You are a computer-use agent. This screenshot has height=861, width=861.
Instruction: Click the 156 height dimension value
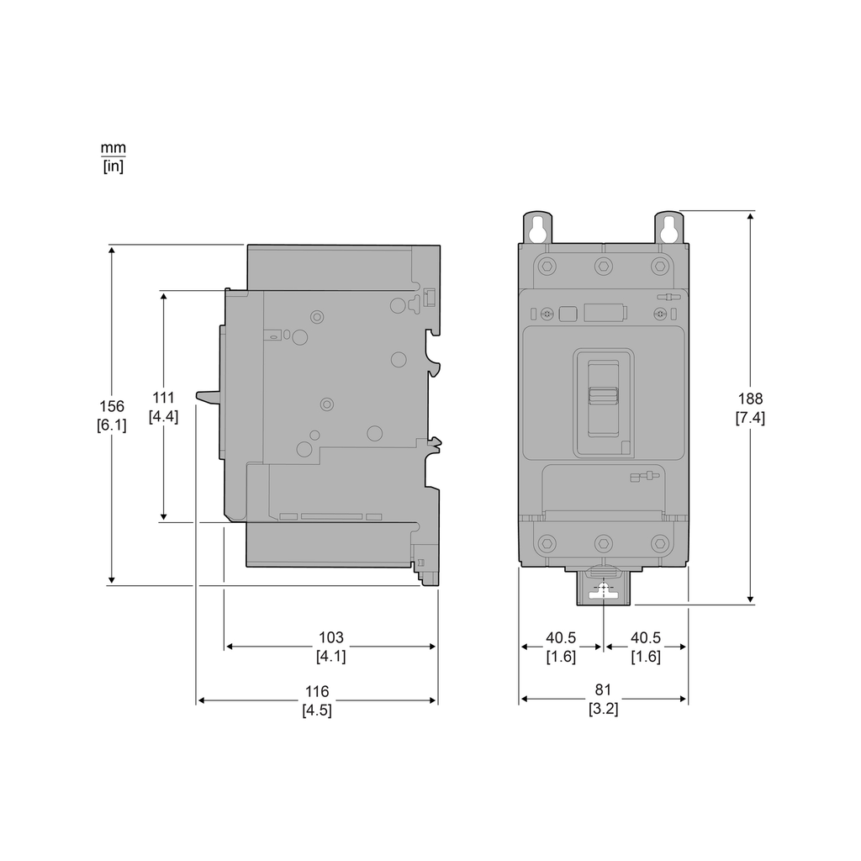point(112,407)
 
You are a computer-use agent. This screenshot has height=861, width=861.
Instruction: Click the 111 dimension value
point(163,398)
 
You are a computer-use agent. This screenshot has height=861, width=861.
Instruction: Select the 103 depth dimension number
point(330,638)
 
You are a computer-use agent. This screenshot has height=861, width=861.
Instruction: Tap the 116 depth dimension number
point(317,692)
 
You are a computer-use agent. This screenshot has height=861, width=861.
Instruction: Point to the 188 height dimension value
point(750,399)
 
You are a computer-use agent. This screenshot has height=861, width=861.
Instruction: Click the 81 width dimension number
point(603,691)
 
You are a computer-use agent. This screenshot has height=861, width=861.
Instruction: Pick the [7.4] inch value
point(750,418)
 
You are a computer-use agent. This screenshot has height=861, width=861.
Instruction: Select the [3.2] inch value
point(603,709)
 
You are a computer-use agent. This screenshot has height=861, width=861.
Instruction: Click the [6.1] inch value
point(112,425)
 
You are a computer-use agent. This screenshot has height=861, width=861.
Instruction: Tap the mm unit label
point(113,147)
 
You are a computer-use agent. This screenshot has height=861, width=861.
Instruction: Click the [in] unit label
point(113,166)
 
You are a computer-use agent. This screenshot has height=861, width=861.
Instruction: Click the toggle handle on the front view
point(603,396)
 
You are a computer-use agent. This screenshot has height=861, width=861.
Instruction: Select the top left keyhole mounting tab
point(538,228)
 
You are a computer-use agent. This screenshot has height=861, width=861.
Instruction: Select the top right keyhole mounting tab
point(669,228)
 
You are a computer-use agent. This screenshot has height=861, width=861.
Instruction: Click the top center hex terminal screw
point(603,267)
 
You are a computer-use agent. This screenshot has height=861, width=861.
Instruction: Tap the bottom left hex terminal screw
point(547,542)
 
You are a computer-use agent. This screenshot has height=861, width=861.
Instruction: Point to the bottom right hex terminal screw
point(660,542)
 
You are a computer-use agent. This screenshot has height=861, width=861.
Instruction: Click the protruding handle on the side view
point(208,395)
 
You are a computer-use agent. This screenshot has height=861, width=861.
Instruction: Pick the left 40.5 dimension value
point(561,638)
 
